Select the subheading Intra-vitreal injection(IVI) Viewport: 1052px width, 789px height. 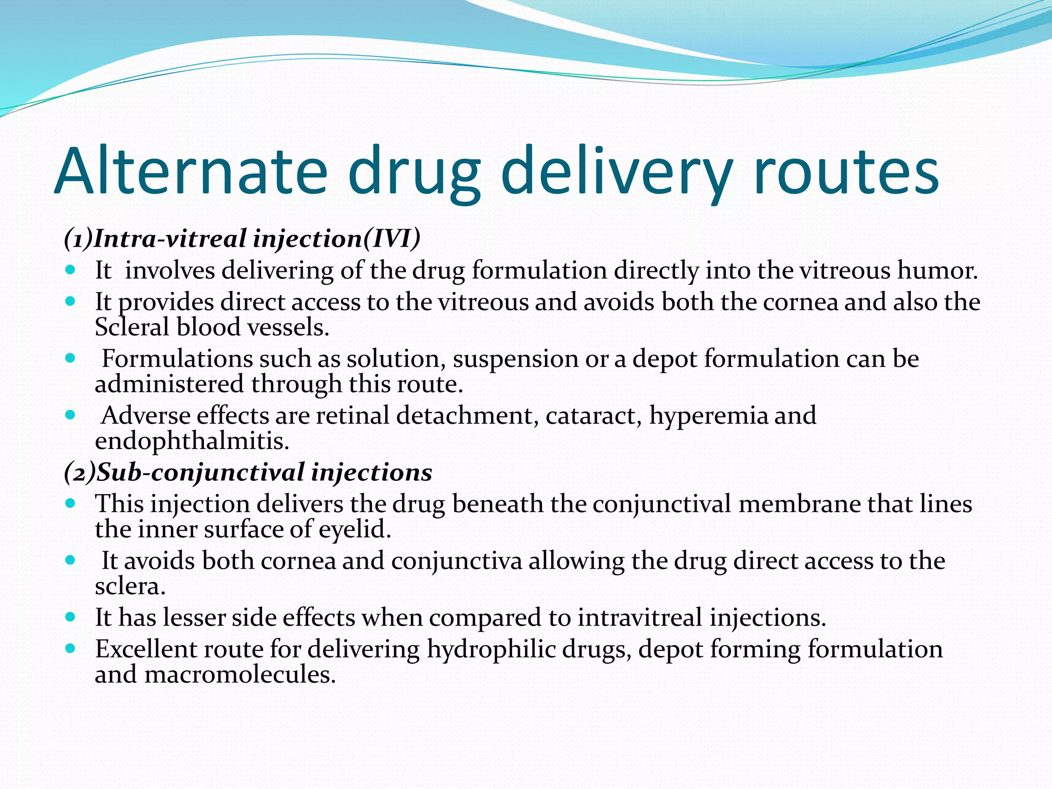(x=242, y=239)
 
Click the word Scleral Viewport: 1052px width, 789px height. (x=131, y=327)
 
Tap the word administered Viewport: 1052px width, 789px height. (x=169, y=384)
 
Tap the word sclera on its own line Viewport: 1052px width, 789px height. (x=130, y=587)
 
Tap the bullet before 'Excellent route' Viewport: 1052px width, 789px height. (x=71, y=648)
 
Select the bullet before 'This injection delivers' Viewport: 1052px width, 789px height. (x=71, y=503)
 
